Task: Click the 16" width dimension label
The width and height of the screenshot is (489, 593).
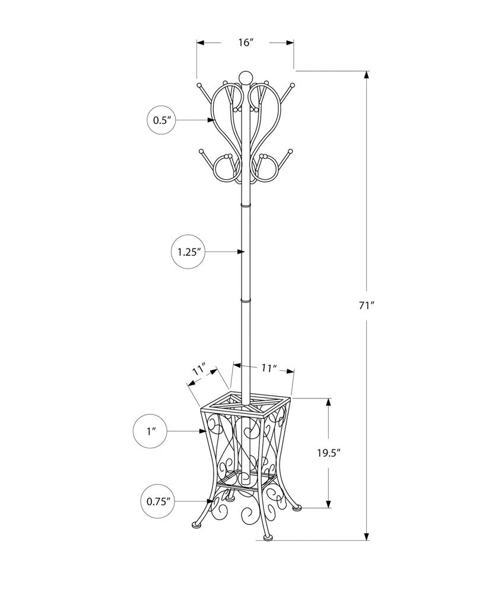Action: click(246, 43)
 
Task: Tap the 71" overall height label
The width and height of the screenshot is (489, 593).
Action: click(367, 306)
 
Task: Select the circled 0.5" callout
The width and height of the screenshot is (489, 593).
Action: click(162, 120)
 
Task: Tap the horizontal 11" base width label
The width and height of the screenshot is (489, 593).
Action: click(268, 369)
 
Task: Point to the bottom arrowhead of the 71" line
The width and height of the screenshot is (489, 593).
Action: click(367, 537)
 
